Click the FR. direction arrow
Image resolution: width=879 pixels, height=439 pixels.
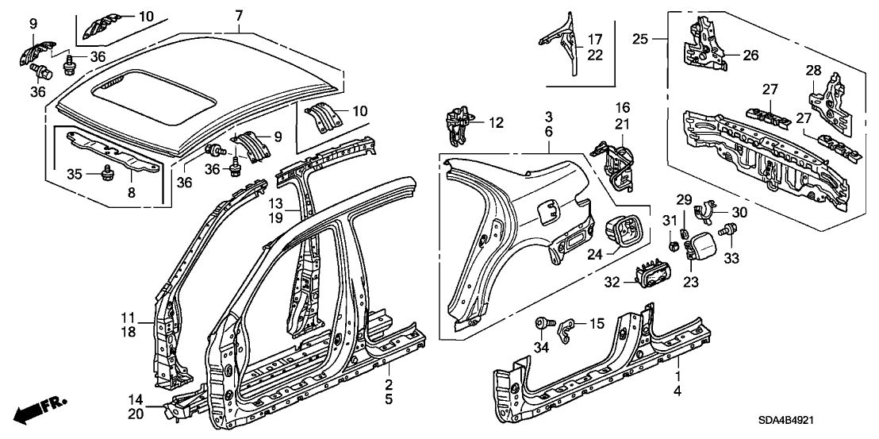tap(40, 410)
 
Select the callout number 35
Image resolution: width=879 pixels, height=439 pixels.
tap(74, 174)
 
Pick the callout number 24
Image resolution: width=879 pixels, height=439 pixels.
tap(596, 254)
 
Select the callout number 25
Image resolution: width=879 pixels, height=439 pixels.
tap(640, 37)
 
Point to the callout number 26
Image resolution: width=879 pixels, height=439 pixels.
tap(750, 55)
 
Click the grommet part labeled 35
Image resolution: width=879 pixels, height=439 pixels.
tap(107, 174)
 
